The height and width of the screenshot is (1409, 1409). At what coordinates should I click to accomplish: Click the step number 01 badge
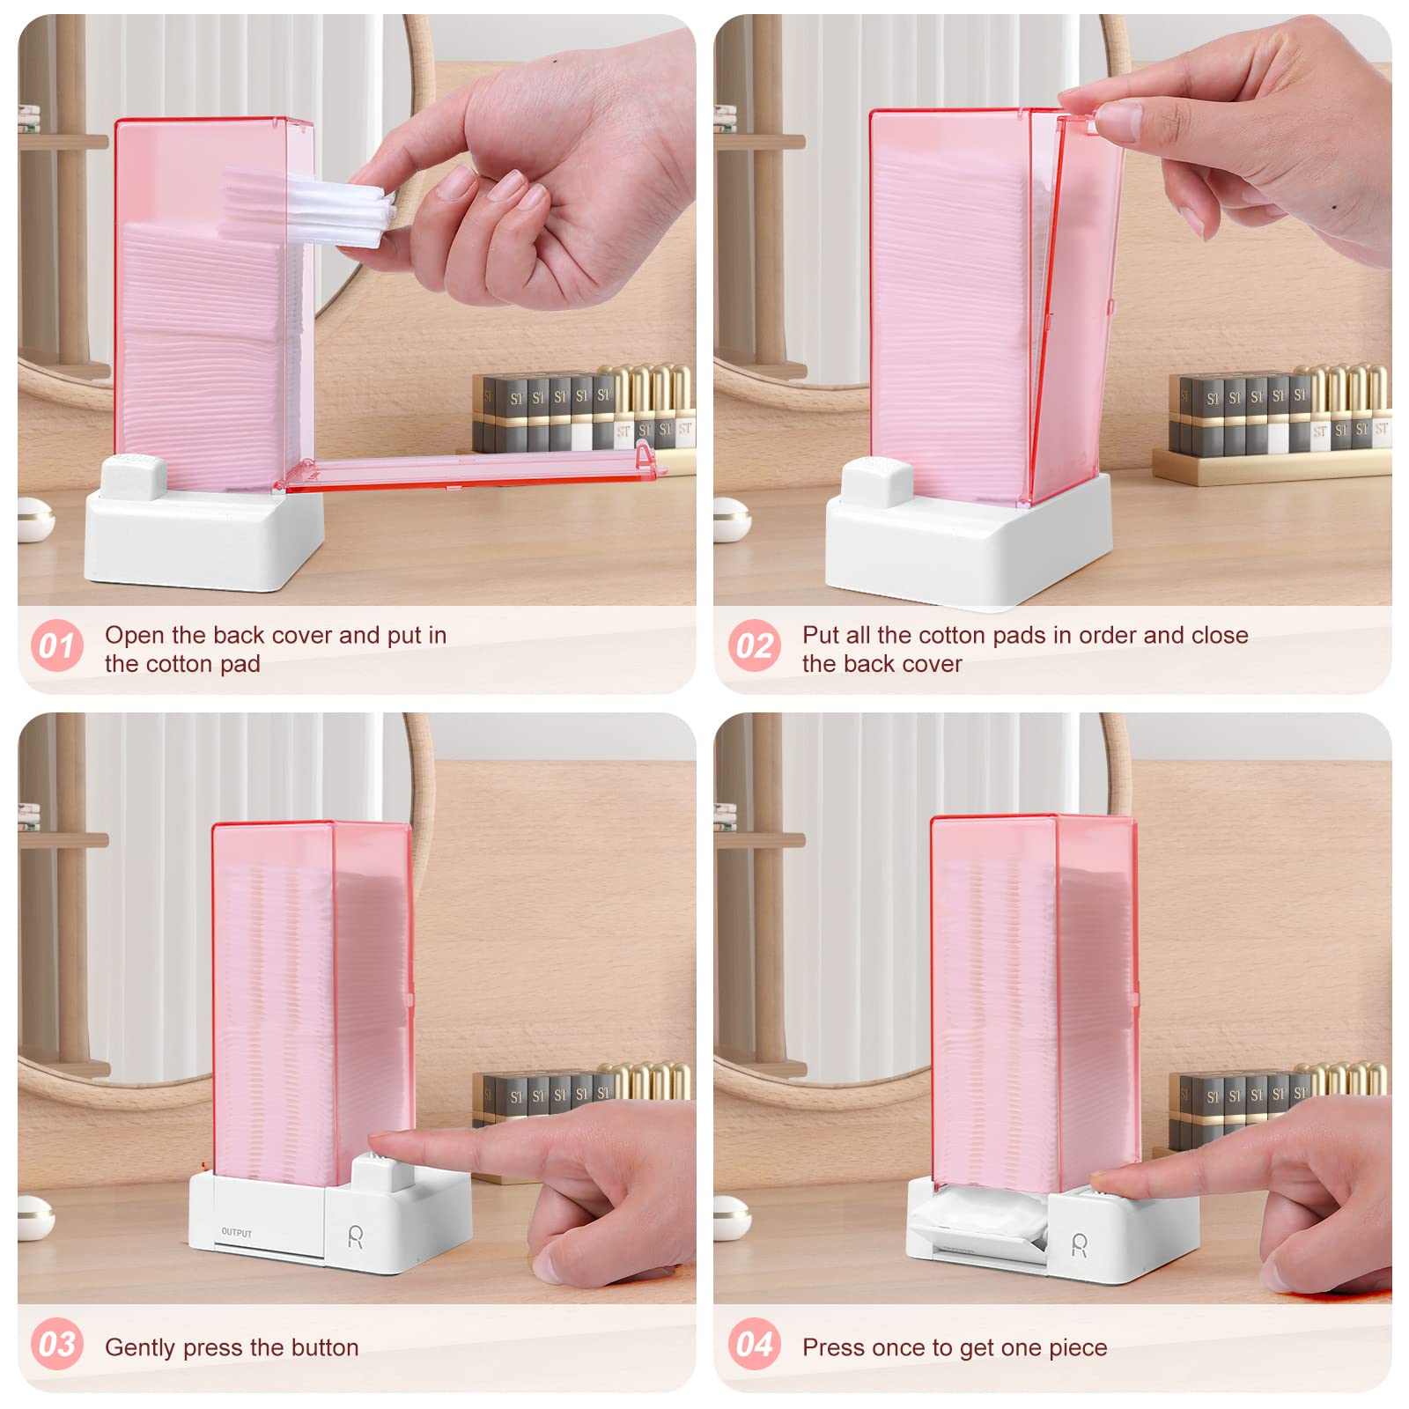(57, 645)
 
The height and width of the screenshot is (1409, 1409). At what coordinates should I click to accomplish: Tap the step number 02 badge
(755, 645)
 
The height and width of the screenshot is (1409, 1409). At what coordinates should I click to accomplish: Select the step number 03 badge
(57, 1344)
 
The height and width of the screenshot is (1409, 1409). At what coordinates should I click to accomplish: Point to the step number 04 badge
(755, 1344)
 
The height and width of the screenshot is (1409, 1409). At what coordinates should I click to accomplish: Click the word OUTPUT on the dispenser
(236, 1233)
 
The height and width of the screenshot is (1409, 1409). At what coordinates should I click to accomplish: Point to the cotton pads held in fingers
(308, 204)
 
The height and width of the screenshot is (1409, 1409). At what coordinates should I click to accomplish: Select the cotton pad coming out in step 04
(977, 1220)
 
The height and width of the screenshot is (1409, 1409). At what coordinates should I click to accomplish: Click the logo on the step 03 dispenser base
(355, 1236)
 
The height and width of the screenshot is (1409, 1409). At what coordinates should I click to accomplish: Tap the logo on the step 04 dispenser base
(1079, 1244)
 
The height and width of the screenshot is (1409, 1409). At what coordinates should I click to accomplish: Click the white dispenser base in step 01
(203, 542)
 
